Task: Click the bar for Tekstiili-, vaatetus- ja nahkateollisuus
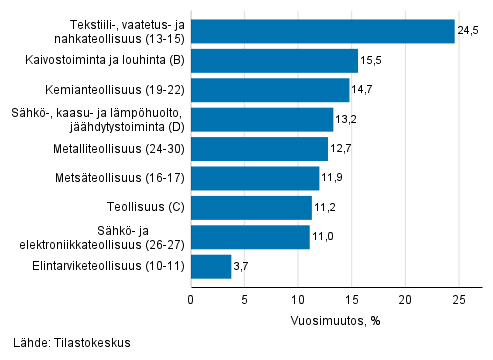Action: [x=322, y=32]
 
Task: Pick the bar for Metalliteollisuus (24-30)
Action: [x=259, y=149]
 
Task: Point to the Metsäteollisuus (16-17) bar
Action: [x=255, y=179]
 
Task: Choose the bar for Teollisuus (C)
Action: [x=251, y=208]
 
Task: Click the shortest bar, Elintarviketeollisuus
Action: [x=211, y=267]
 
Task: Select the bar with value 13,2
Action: [x=262, y=120]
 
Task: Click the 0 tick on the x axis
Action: [x=191, y=297]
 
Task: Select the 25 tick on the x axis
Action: [x=458, y=297]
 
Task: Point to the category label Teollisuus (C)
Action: [x=144, y=208]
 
